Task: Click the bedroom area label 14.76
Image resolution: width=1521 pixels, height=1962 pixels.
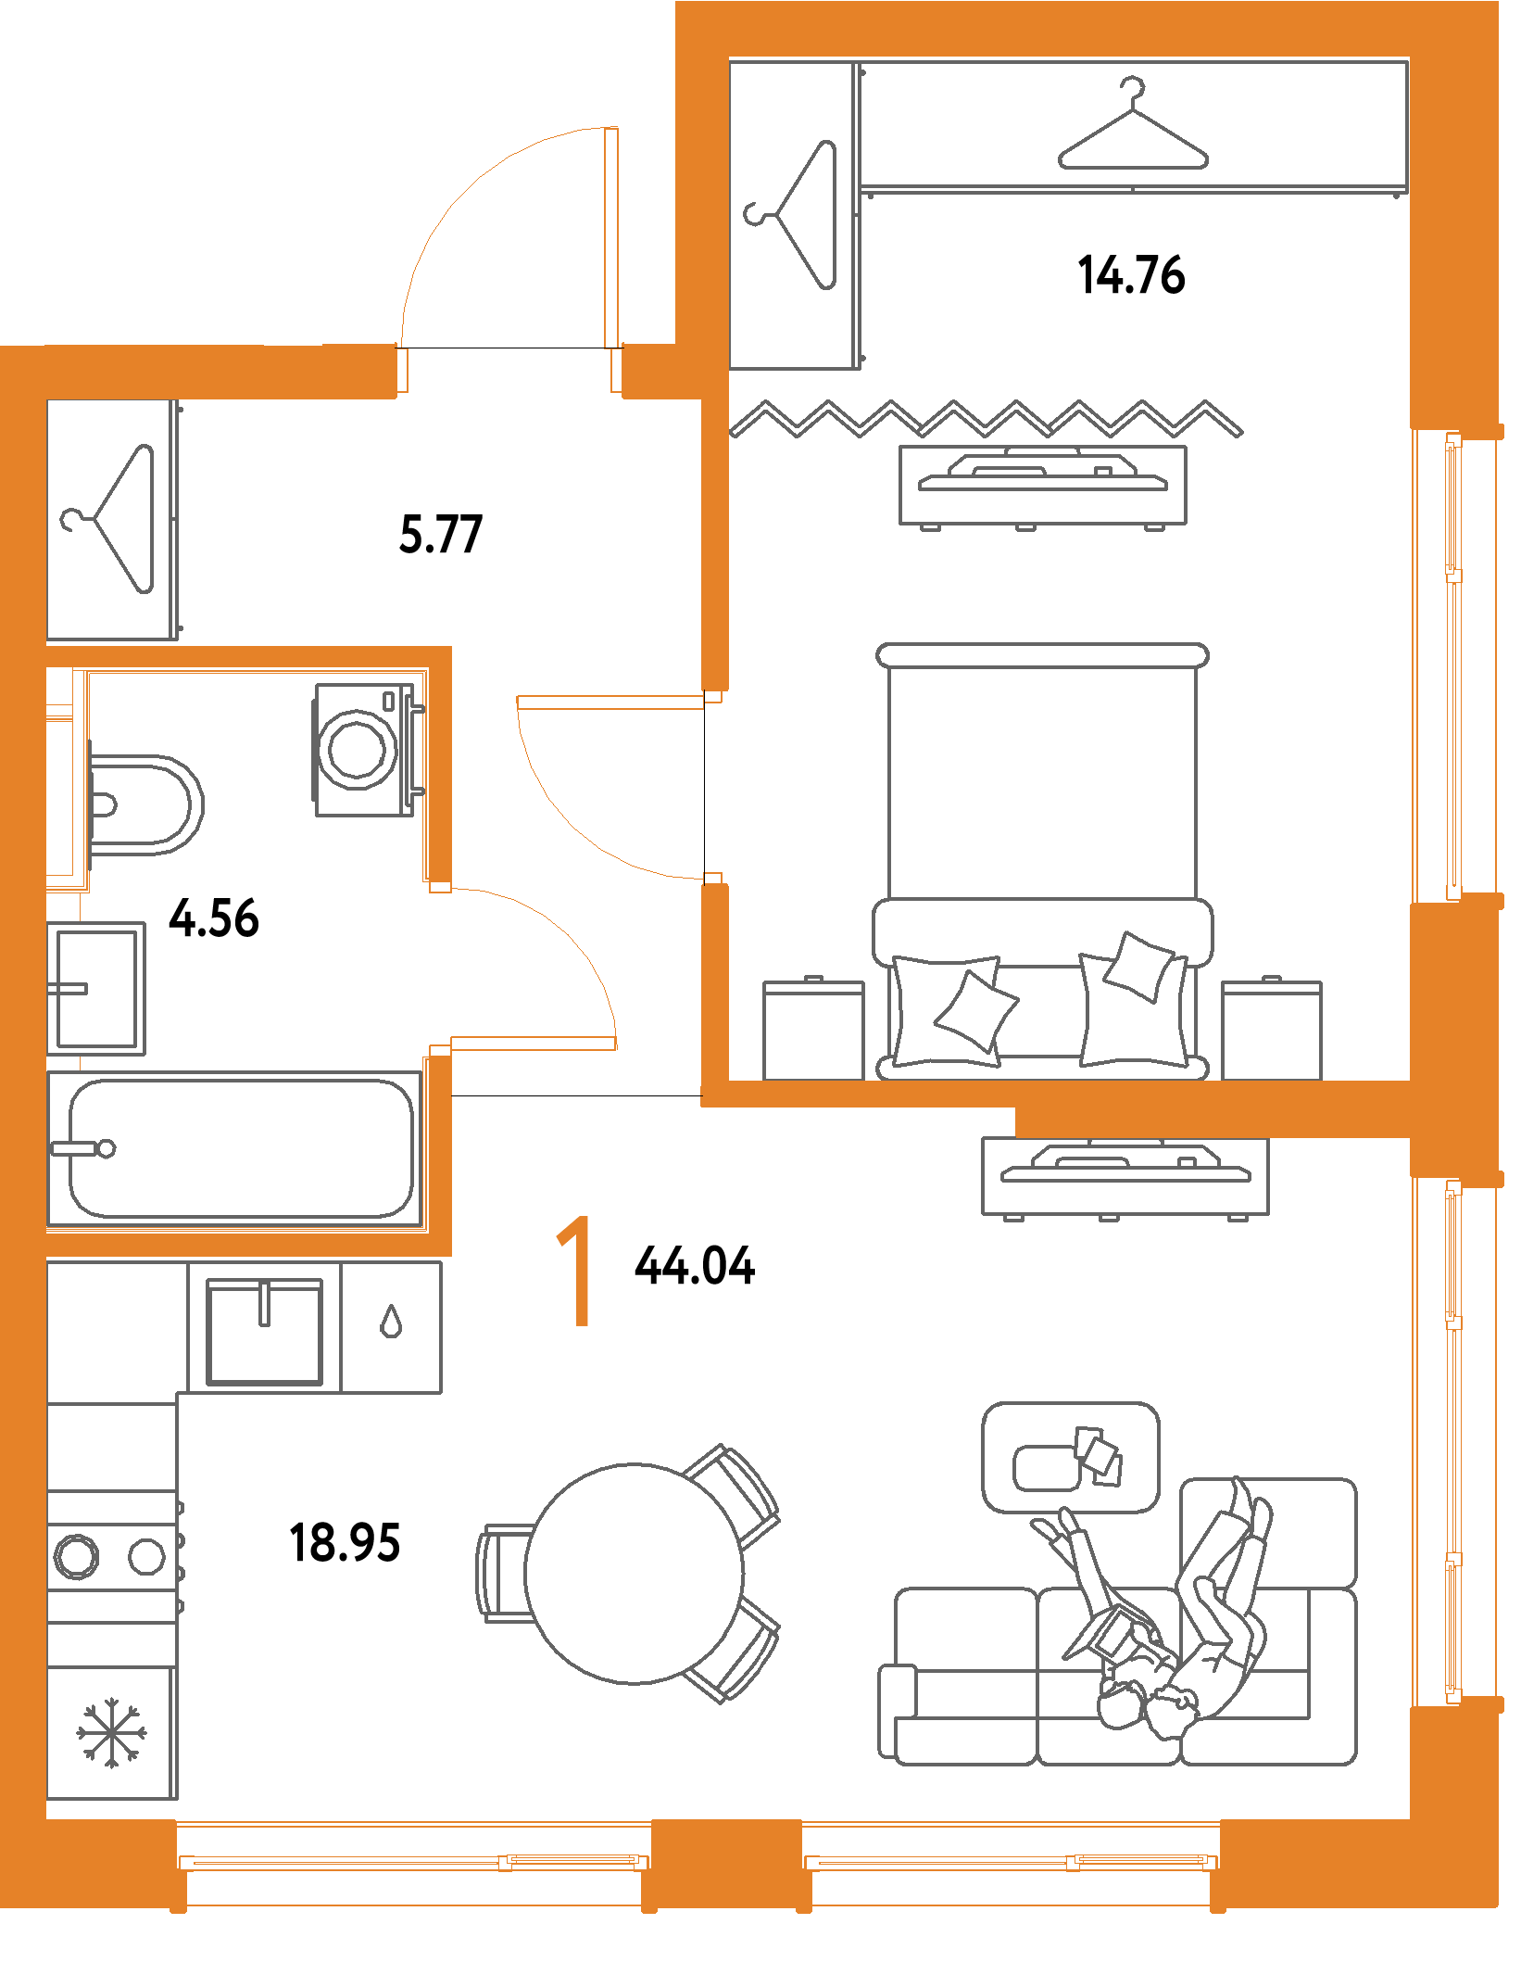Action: tap(1131, 274)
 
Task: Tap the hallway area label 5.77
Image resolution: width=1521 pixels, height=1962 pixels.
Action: tap(440, 534)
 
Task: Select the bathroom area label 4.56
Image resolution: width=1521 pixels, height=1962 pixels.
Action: tap(213, 918)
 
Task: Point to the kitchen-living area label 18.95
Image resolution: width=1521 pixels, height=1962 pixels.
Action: tap(345, 1543)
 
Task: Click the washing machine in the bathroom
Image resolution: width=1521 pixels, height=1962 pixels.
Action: tap(364, 749)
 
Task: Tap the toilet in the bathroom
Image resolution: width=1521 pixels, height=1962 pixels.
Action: tap(145, 804)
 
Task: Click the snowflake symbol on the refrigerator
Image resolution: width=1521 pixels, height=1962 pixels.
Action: tap(111, 1731)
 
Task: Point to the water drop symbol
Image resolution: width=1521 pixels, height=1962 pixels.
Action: tap(391, 1322)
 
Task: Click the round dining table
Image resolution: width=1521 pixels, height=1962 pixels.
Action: tap(635, 1573)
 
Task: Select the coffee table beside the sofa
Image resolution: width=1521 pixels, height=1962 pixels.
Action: tap(1070, 1458)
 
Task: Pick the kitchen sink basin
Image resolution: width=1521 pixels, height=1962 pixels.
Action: tap(264, 1333)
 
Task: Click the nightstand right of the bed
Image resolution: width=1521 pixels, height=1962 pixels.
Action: tap(1271, 1030)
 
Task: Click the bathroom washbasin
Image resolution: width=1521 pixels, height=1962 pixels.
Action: tap(95, 988)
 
